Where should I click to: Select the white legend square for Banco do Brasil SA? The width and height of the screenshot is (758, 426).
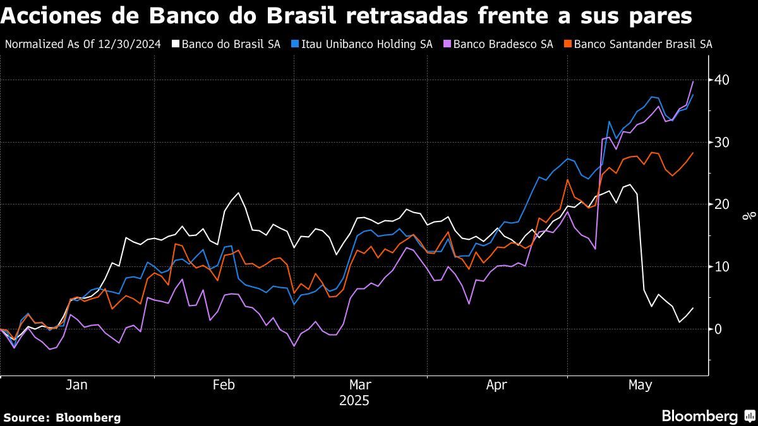[176, 44]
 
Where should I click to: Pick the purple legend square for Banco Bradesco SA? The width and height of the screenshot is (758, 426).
[447, 44]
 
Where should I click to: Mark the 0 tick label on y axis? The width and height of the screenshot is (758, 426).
[719, 329]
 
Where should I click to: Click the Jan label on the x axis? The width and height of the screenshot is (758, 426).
[76, 385]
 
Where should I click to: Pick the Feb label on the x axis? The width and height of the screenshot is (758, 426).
[224, 385]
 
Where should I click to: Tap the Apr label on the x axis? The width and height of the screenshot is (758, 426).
[497, 385]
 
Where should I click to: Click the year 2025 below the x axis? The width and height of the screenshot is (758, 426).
[354, 401]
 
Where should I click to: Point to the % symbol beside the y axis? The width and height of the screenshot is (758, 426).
[748, 216]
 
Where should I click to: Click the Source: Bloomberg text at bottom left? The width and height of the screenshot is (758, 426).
[62, 417]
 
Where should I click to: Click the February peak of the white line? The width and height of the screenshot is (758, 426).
[238, 193]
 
